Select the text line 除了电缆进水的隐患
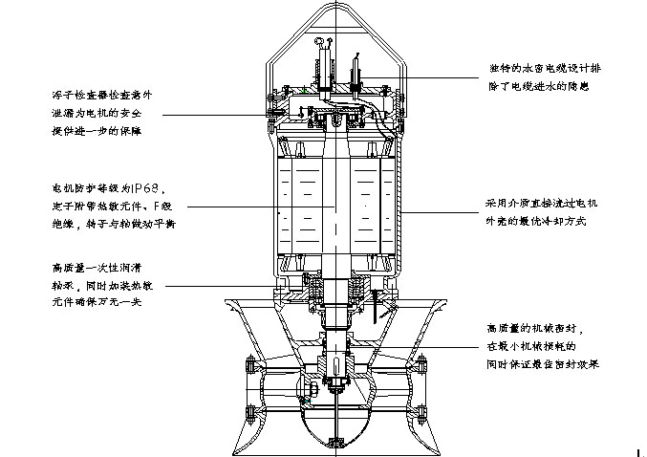[536, 86]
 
